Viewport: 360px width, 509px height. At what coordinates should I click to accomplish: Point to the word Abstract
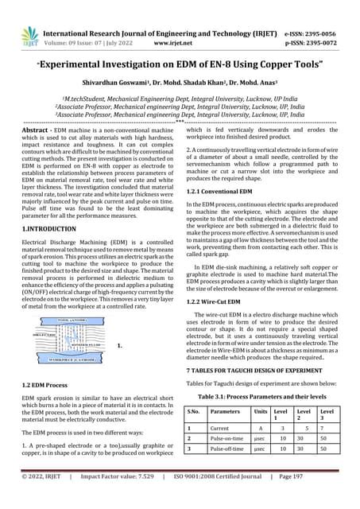click(x=36, y=129)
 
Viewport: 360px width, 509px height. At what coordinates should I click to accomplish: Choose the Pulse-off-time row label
click(x=230, y=460)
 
